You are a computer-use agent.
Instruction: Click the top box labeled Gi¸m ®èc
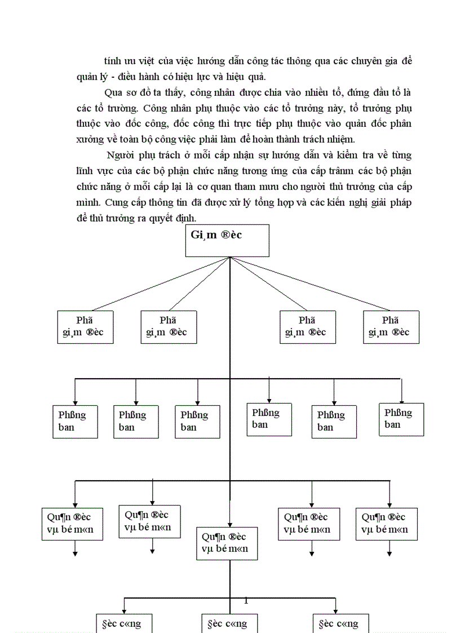click(x=227, y=241)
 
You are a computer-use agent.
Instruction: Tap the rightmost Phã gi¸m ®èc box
click(x=391, y=327)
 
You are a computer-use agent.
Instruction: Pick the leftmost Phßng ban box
click(x=74, y=421)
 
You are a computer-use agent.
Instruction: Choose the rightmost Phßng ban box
click(x=401, y=419)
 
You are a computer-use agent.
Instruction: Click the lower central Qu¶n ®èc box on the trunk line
click(x=227, y=543)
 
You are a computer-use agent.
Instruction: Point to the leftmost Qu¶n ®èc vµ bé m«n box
click(x=72, y=524)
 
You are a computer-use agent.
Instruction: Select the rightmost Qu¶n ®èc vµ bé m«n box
click(x=386, y=524)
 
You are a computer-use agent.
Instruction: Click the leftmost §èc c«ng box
click(x=121, y=623)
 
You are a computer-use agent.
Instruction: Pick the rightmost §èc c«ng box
click(x=336, y=623)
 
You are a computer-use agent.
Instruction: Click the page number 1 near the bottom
click(x=246, y=601)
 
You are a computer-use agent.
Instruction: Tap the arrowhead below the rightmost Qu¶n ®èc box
click(x=390, y=554)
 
